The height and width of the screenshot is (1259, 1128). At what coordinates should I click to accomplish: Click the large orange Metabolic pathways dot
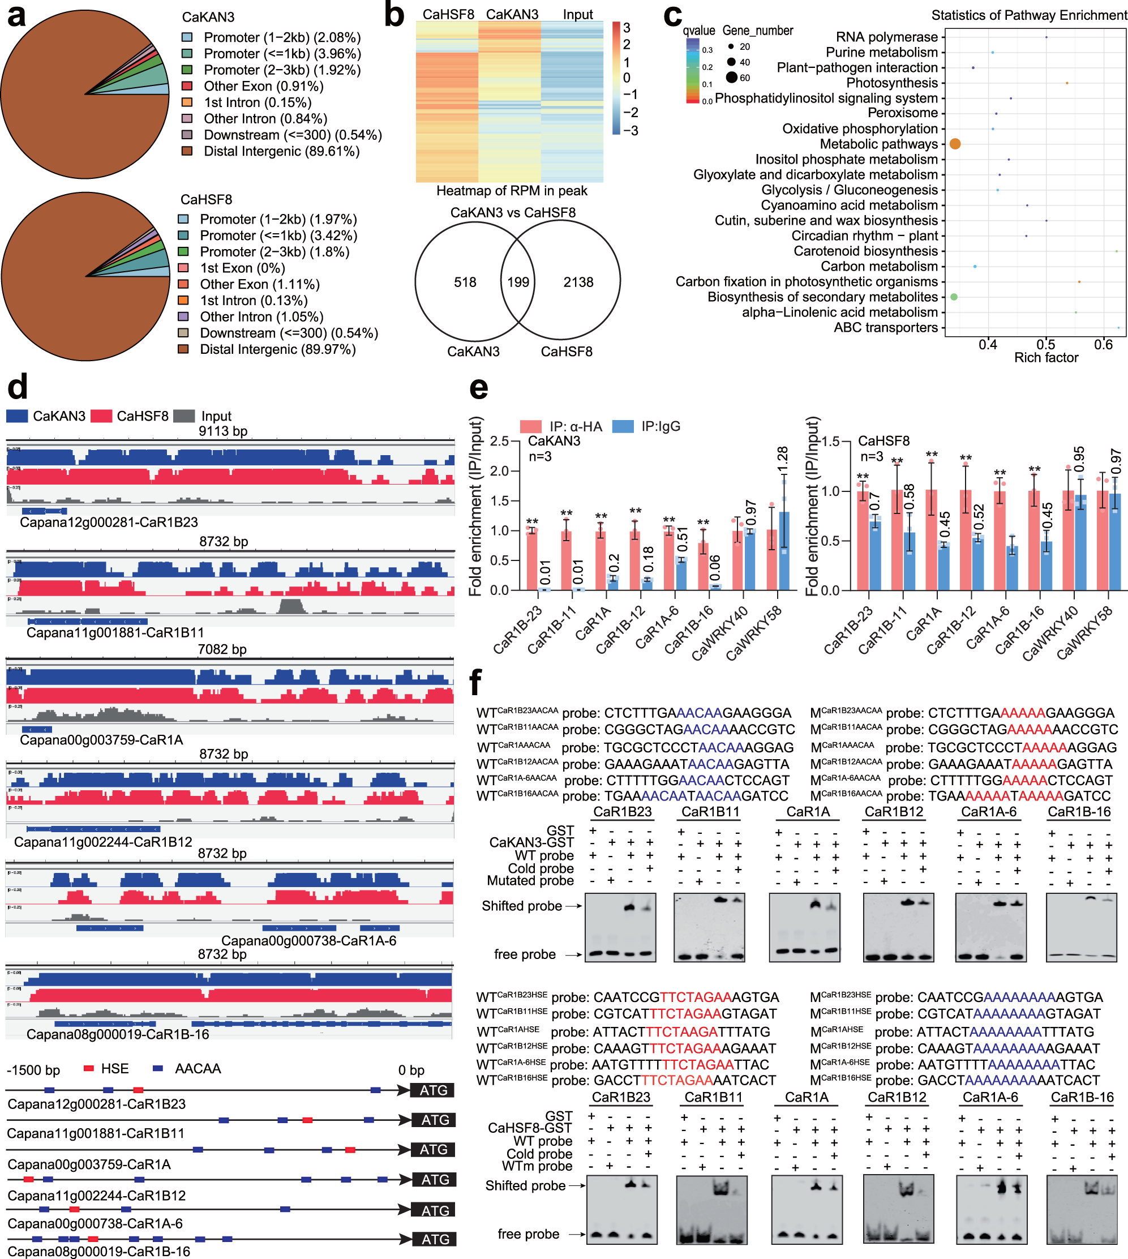955,144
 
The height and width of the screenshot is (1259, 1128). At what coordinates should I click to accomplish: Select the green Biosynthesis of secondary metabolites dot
954,297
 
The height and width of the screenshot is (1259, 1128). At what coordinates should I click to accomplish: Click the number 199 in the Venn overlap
518,282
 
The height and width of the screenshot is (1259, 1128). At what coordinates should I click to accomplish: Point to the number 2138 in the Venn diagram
578,282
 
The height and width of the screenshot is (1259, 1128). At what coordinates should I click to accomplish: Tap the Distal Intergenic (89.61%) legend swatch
187,151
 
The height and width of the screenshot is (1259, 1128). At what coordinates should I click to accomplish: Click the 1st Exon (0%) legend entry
242,268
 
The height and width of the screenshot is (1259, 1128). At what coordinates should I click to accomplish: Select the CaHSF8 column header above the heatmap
448,14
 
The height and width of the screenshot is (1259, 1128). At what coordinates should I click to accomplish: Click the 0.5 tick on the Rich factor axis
1045,345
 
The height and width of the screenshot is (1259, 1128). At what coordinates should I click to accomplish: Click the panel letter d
17,386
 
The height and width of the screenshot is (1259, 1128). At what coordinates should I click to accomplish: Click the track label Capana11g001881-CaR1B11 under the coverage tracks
115,632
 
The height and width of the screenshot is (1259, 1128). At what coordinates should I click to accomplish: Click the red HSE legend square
89,1068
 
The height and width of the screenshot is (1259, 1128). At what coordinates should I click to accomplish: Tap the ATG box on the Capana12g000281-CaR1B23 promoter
432,1090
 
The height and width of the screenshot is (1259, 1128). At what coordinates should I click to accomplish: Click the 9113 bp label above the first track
222,431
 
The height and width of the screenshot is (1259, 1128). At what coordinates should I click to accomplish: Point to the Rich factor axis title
1045,358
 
